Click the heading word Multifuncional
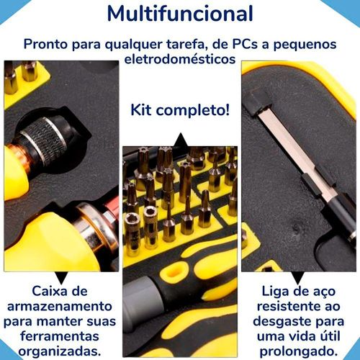[180, 14]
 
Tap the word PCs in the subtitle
[245, 44]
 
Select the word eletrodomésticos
[180, 59]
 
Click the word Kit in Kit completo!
[141, 110]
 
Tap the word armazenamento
[60, 306]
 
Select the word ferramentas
[60, 336]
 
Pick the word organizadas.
[60, 352]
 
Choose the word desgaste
[282, 322]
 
